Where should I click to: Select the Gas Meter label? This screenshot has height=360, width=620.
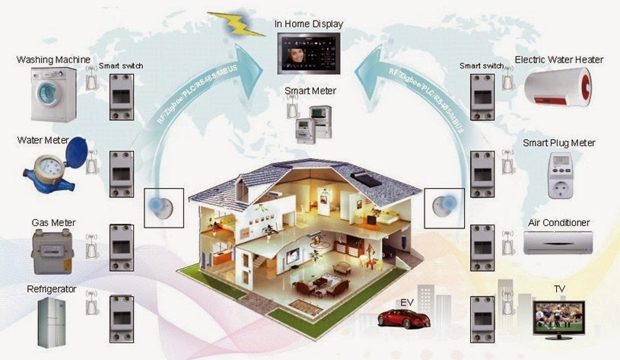(x=53, y=222)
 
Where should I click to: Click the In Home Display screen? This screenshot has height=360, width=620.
(x=309, y=53)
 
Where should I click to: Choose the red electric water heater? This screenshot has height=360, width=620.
(x=558, y=87)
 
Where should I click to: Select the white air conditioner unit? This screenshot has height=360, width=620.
(x=558, y=243)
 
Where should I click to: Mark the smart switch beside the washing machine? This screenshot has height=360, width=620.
(x=121, y=97)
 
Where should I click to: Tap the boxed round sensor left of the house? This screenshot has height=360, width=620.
(x=164, y=207)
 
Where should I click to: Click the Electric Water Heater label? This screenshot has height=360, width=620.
(x=558, y=59)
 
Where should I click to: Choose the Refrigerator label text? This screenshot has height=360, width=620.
(x=52, y=289)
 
